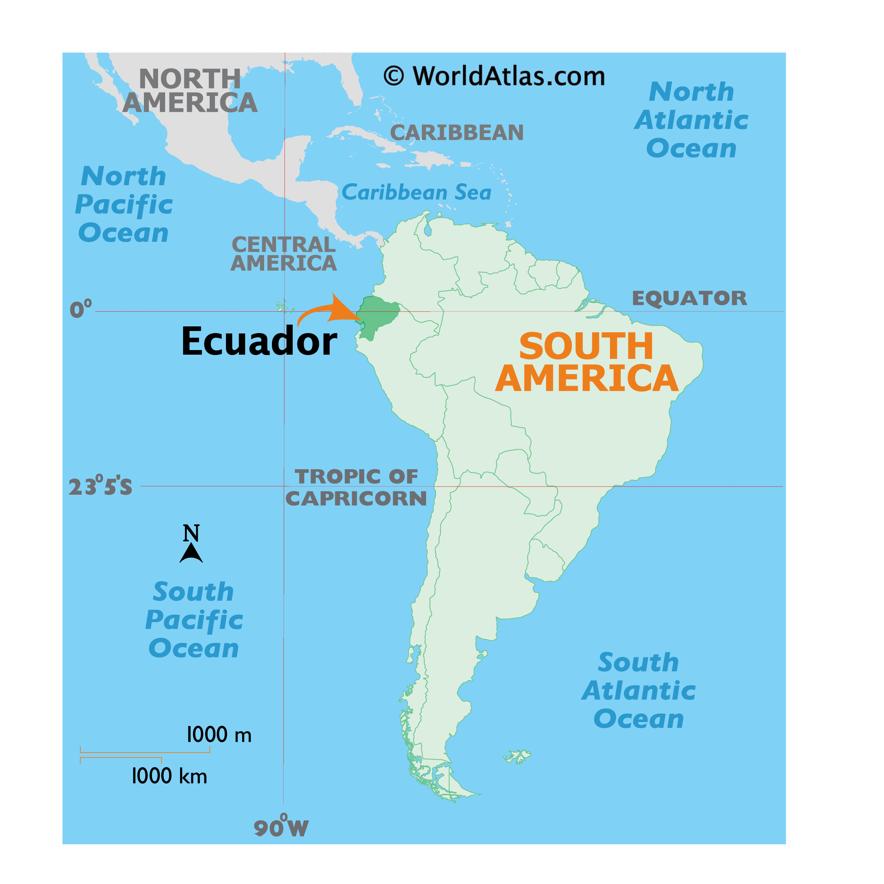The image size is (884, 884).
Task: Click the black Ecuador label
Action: point(259,341)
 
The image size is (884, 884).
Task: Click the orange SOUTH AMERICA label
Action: point(586,362)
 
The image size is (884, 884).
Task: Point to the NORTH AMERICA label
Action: point(190,91)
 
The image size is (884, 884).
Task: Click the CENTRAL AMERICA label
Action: point(284,254)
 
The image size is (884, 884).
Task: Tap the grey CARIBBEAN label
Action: point(456,133)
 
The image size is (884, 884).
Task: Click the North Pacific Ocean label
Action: point(123,204)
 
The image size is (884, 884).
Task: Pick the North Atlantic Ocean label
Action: point(691,120)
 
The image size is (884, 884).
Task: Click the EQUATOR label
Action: point(689,298)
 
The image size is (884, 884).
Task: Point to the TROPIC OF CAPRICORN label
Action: point(356,487)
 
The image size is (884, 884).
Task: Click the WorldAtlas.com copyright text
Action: point(494,76)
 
